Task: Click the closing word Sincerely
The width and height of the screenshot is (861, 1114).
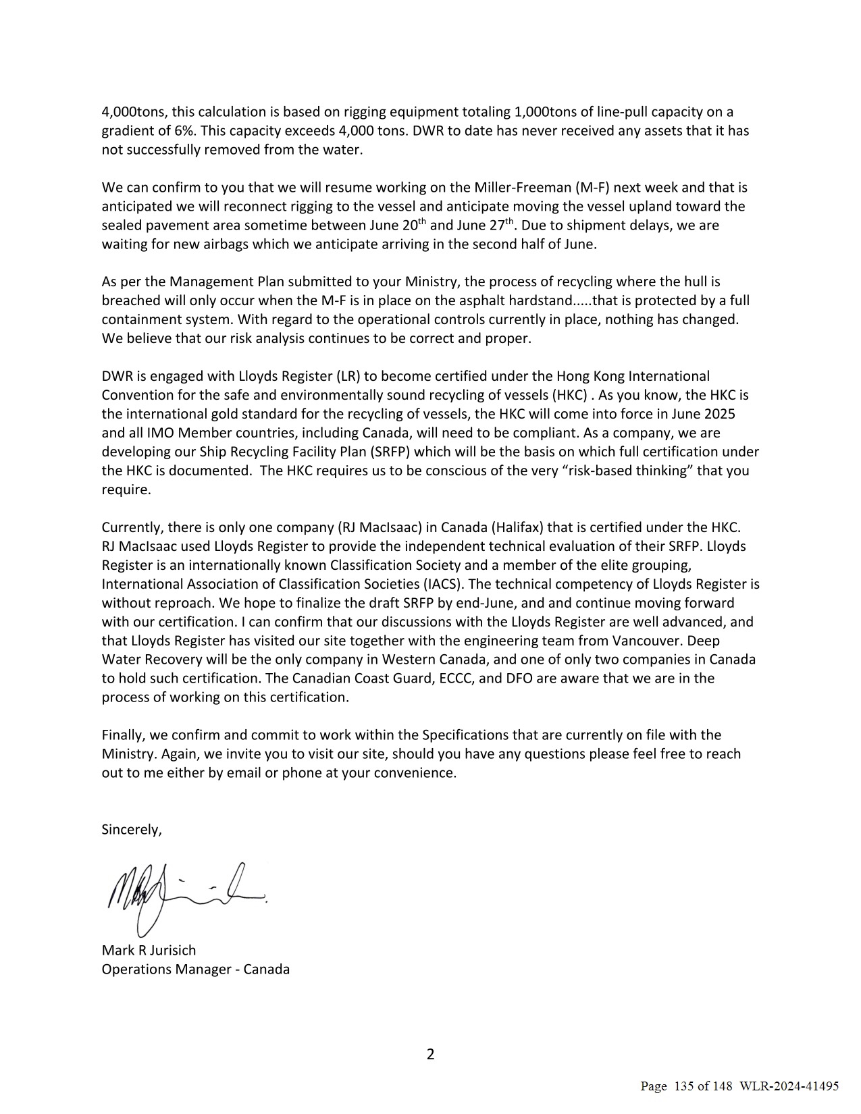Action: (132, 830)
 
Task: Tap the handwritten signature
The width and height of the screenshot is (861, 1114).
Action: (182, 895)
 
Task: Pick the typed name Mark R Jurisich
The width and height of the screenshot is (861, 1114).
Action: (149, 951)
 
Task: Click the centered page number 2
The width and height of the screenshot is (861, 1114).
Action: (431, 1055)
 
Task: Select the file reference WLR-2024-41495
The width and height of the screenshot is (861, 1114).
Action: (789, 1086)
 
